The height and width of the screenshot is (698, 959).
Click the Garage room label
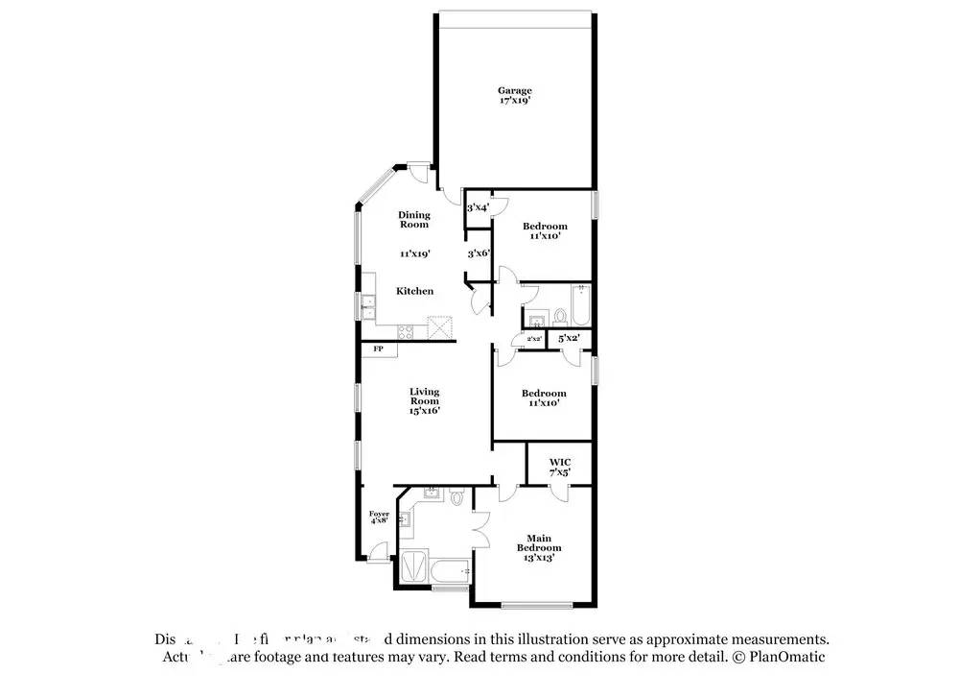click(x=514, y=90)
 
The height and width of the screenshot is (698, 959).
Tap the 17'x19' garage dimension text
click(x=514, y=100)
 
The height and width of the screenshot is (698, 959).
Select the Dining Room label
click(x=414, y=220)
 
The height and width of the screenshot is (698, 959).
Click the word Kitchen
click(x=415, y=291)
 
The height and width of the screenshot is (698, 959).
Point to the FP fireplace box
click(x=379, y=349)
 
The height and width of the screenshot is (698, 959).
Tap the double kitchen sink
click(x=368, y=306)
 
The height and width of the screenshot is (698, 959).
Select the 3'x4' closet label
click(x=478, y=207)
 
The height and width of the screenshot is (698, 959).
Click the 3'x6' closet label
click(x=479, y=254)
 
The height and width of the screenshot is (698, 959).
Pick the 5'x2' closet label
click(x=569, y=339)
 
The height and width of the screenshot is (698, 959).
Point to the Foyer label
click(x=380, y=518)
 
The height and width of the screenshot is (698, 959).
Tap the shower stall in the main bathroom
click(x=413, y=567)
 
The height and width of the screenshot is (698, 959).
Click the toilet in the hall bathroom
click(x=559, y=315)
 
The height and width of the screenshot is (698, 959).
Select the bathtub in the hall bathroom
click(x=581, y=305)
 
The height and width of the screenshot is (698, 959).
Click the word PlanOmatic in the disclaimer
click(x=785, y=658)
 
